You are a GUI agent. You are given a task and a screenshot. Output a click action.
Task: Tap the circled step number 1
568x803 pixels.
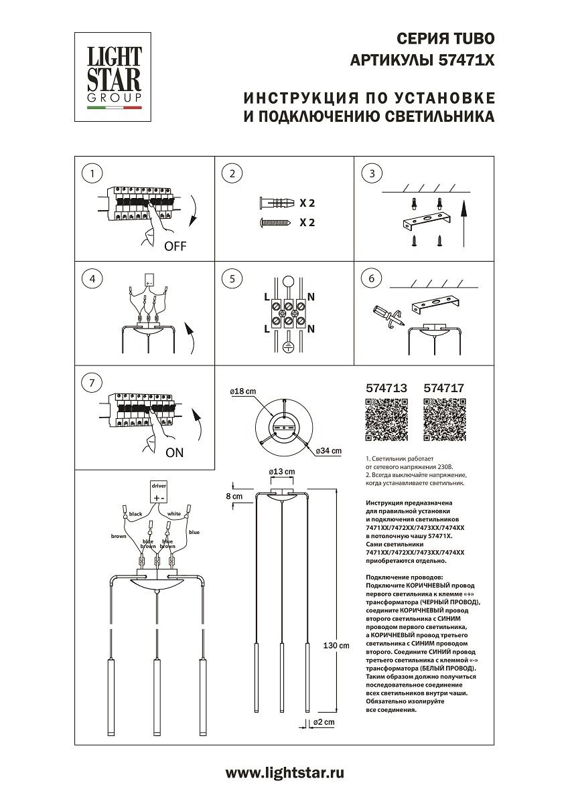point(92,173)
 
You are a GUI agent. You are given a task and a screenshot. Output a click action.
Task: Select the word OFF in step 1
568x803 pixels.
point(175,246)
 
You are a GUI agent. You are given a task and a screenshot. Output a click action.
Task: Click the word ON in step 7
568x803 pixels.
point(174,452)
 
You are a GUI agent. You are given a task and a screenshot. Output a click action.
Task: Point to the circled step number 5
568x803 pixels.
point(232,278)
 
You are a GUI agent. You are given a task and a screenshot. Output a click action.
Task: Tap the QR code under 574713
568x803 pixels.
point(386,420)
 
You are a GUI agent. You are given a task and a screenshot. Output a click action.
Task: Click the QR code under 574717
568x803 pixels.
point(445,420)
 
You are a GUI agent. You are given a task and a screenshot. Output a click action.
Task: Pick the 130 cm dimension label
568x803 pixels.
point(336,646)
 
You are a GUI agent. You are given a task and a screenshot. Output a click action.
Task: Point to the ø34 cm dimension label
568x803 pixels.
point(328,450)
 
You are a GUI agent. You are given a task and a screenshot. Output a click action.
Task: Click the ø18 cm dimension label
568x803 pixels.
point(242,391)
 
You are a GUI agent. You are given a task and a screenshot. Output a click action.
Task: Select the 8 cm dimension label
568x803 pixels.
point(234,496)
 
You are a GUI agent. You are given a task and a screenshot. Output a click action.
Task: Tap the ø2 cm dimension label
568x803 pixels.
point(324,723)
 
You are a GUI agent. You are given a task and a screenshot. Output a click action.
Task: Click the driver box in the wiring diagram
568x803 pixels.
point(157,493)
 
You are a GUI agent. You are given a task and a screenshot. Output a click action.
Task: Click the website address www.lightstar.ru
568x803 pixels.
point(284,774)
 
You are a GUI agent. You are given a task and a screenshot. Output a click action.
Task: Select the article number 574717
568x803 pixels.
point(444,387)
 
